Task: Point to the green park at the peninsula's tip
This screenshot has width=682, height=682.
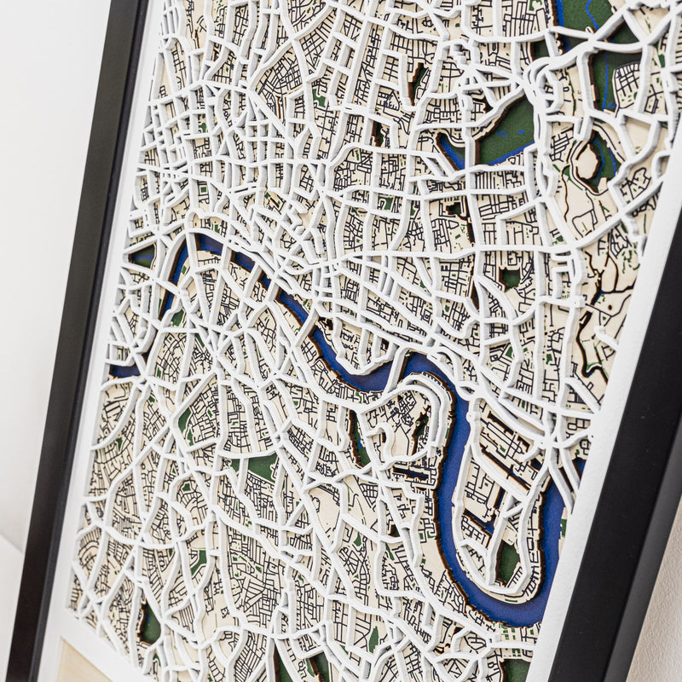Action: pos(508,563)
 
